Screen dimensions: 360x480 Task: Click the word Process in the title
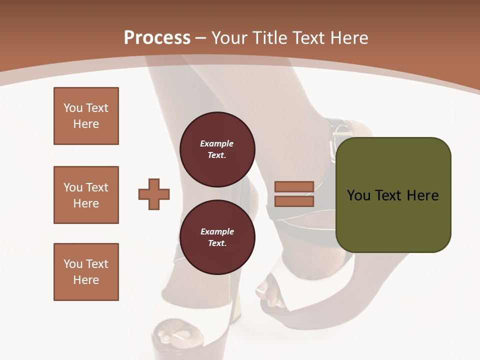point(157,38)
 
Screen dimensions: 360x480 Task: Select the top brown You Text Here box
point(86,116)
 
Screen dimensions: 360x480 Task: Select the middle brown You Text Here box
point(86,195)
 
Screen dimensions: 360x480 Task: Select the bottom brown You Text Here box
point(86,272)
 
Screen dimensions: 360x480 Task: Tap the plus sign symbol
point(154,194)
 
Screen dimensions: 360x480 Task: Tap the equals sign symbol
point(294,194)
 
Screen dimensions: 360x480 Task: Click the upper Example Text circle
point(217,149)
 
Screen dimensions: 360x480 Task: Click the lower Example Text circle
point(217,237)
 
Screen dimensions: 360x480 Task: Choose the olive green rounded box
point(393,195)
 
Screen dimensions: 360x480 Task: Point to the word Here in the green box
point(422,195)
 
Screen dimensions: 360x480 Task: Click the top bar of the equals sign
point(294,187)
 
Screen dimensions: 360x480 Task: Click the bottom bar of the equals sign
point(294,201)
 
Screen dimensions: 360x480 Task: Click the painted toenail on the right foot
point(263,289)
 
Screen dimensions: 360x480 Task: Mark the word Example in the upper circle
point(217,143)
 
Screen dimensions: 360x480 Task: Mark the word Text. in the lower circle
point(217,243)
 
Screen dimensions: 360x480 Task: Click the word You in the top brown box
point(72,108)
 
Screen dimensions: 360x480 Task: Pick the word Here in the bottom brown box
point(86,280)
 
